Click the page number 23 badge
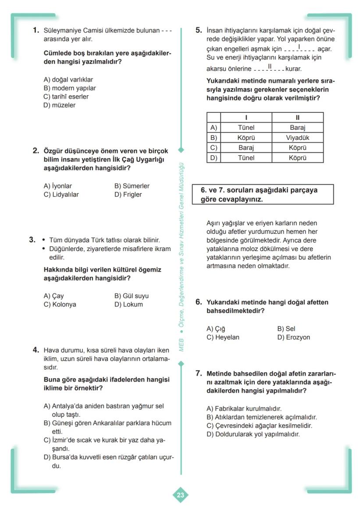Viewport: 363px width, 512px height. tap(181, 495)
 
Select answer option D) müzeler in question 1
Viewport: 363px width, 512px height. tap(60, 105)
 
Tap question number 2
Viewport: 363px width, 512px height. tap(37, 150)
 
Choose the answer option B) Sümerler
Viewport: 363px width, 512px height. tap(132, 186)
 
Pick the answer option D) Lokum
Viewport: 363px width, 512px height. tap(128, 304)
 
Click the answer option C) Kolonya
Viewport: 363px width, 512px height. tap(60, 304)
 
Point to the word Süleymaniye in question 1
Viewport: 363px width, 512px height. tap(62, 31)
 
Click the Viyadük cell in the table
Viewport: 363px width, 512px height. tap(298, 138)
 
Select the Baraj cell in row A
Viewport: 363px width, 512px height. tap(298, 128)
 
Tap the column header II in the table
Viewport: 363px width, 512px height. tap(298, 118)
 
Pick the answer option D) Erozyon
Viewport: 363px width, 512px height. tap(294, 337)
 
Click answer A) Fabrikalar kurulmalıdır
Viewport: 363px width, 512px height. tap(244, 408)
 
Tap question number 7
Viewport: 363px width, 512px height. tap(199, 373)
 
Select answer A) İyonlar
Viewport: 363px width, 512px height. tap(58, 186)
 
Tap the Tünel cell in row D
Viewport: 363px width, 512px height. tap(246, 158)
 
